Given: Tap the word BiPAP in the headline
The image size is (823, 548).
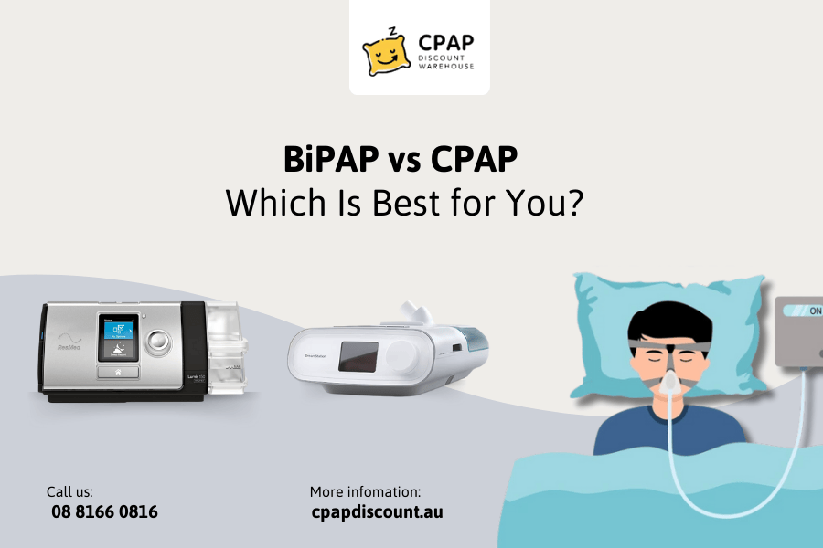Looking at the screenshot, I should click(331, 161).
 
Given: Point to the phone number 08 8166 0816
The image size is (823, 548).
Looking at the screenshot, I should click(104, 512).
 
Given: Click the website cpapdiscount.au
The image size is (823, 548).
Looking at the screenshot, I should click(377, 512).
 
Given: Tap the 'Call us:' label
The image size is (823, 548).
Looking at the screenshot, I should click(69, 491).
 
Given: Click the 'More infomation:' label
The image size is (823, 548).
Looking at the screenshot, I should click(365, 491).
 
